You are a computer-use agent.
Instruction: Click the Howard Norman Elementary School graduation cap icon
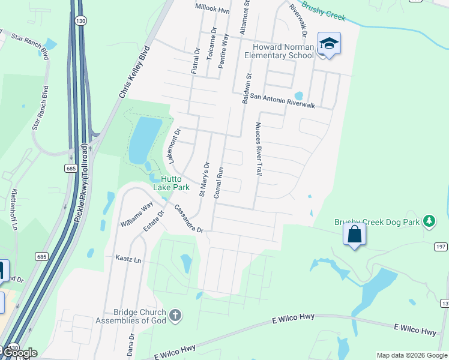[328, 43]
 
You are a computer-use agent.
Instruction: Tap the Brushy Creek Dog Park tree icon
[429, 221]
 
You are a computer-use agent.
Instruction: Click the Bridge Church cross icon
[175, 316]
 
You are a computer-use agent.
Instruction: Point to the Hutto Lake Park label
[171, 183]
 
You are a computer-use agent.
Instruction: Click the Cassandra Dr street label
[189, 220]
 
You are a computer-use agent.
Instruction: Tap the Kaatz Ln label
[128, 260]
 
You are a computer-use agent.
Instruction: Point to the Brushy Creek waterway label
[322, 11]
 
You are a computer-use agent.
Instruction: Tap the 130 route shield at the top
[80, 21]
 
